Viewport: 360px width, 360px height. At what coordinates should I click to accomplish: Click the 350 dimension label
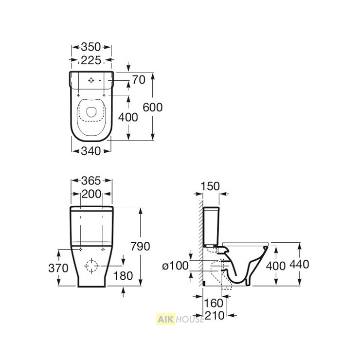[x=91, y=47]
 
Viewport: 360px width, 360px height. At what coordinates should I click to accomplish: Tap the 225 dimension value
[x=91, y=60]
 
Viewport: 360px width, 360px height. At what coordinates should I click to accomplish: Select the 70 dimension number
[x=139, y=80]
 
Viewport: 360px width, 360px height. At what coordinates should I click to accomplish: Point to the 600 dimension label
[x=152, y=107]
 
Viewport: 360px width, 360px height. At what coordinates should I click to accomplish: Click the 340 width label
[x=91, y=151]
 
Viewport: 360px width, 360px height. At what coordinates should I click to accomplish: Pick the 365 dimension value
[x=91, y=180]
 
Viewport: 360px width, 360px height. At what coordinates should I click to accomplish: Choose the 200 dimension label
[x=91, y=194]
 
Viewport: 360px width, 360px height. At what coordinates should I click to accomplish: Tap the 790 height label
[x=140, y=246]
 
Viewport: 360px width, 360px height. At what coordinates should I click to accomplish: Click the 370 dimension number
[x=58, y=268]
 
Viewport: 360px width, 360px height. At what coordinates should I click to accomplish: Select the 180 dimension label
[x=123, y=276]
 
